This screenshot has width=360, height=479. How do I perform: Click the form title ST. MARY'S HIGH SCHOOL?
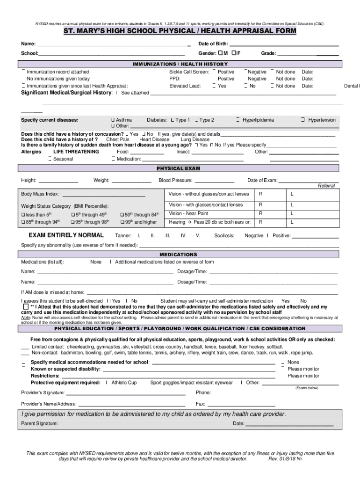tap(180, 31)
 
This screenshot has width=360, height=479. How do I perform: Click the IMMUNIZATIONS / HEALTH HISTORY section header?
tap(180, 64)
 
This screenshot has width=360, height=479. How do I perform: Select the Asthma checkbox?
tap(112, 120)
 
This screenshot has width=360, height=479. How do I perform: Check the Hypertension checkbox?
tap(303, 120)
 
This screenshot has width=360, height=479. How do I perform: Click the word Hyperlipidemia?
tap(258, 120)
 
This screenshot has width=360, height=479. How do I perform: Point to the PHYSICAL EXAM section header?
tap(180, 168)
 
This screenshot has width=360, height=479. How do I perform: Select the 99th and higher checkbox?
tap(122, 222)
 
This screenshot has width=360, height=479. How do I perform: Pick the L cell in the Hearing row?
tap(292, 222)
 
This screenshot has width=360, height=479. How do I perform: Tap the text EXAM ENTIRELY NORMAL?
tap(66, 235)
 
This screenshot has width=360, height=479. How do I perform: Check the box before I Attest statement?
tap(26, 307)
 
